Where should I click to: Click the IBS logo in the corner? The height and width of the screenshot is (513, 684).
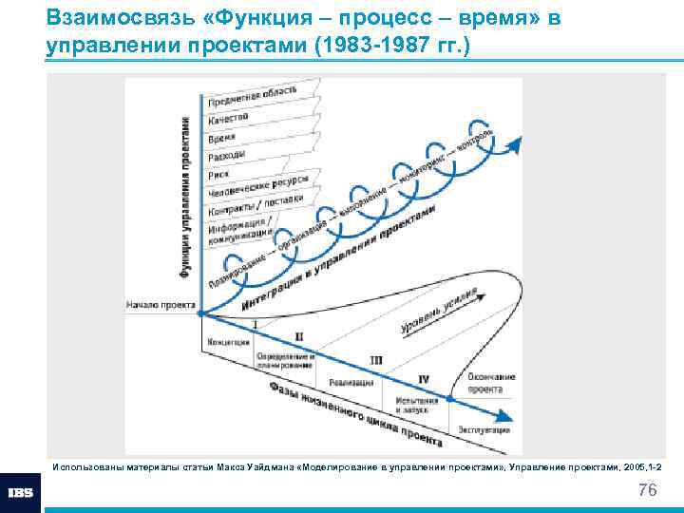[21, 493]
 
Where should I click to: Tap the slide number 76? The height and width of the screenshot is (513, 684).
[648, 490]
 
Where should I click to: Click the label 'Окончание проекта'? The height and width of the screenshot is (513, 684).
[491, 382]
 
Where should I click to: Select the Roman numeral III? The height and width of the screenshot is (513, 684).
[376, 360]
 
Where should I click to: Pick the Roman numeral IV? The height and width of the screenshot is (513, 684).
[424, 379]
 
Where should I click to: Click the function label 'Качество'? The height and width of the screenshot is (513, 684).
[228, 119]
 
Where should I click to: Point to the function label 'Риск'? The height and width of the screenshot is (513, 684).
[218, 175]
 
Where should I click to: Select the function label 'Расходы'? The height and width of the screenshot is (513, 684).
[226, 156]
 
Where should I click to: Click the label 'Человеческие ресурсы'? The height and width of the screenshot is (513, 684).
[256, 187]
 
